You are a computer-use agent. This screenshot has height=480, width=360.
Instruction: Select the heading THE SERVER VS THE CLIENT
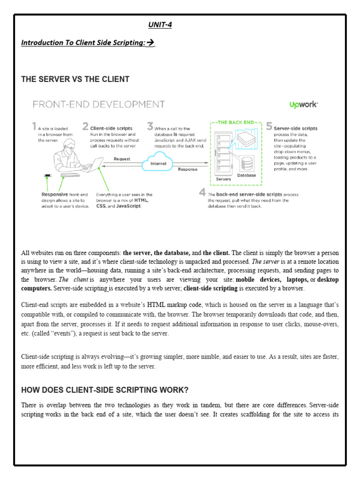click(75, 79)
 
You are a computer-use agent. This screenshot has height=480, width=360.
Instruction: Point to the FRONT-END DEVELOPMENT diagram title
click(98, 104)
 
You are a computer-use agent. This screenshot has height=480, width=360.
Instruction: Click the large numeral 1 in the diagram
click(34, 126)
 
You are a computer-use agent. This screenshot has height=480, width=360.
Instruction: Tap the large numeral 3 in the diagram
click(150, 126)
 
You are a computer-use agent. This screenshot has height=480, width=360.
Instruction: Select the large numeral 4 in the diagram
click(202, 192)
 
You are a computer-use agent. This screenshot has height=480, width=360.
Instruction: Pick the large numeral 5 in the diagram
click(269, 126)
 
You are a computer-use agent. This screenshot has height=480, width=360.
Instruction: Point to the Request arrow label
click(122, 159)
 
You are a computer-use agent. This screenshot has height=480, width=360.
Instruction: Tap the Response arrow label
click(187, 169)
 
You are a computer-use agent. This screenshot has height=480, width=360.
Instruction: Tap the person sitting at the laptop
click(66, 155)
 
